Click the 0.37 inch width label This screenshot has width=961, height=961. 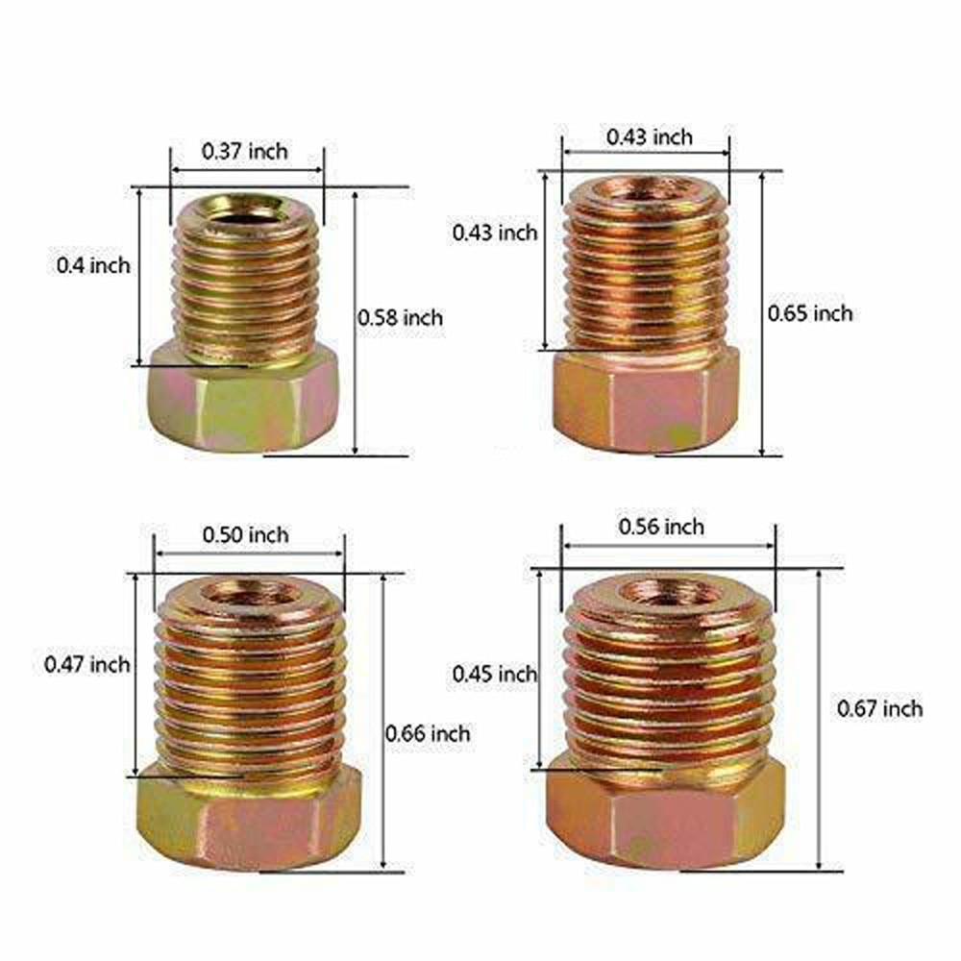244,151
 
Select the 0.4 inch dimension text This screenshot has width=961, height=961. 93,265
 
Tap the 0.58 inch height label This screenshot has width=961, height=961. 401,316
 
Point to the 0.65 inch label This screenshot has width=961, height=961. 809,312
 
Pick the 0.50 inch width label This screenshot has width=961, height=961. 245,534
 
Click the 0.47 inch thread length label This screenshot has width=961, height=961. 87,664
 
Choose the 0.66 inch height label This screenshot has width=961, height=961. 428,733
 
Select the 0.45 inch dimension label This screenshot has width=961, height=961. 494,674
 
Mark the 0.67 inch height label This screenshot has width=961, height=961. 880,709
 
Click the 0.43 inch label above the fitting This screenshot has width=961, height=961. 649,137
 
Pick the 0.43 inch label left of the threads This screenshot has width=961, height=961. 495,232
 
